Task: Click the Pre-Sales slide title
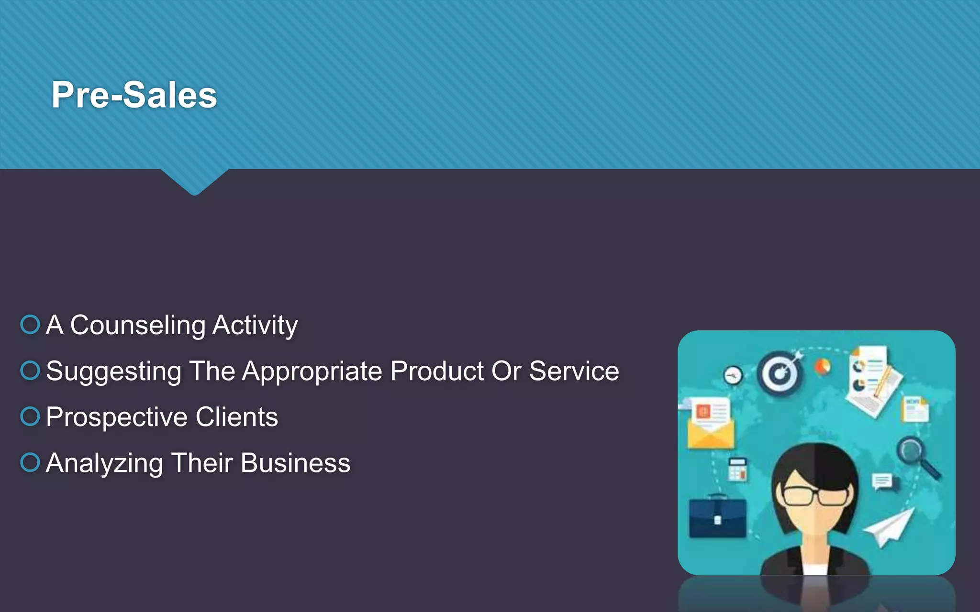134,95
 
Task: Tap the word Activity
255,326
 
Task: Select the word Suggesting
114,372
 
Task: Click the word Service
574,371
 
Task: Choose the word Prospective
116,417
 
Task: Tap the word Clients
236,416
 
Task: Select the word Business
295,463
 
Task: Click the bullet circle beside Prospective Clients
30,416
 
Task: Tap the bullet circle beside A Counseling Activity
30,324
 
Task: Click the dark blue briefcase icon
717,518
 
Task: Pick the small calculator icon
737,469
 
